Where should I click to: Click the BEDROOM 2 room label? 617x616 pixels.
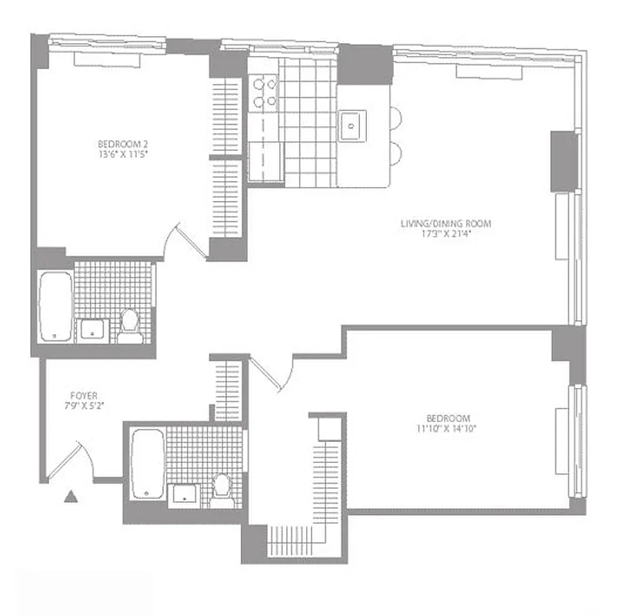click(123, 143)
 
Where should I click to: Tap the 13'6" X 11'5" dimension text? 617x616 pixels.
click(123, 154)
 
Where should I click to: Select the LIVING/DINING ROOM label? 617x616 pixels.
click(445, 224)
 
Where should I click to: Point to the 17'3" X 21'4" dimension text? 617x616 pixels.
click(445, 235)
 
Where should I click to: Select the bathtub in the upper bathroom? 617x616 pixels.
click(55, 305)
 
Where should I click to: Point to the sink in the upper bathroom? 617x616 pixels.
click(93, 330)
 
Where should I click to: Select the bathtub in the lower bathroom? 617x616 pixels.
click(145, 463)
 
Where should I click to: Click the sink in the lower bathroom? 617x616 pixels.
click(185, 494)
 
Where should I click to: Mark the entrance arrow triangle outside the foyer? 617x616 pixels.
click(72, 497)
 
